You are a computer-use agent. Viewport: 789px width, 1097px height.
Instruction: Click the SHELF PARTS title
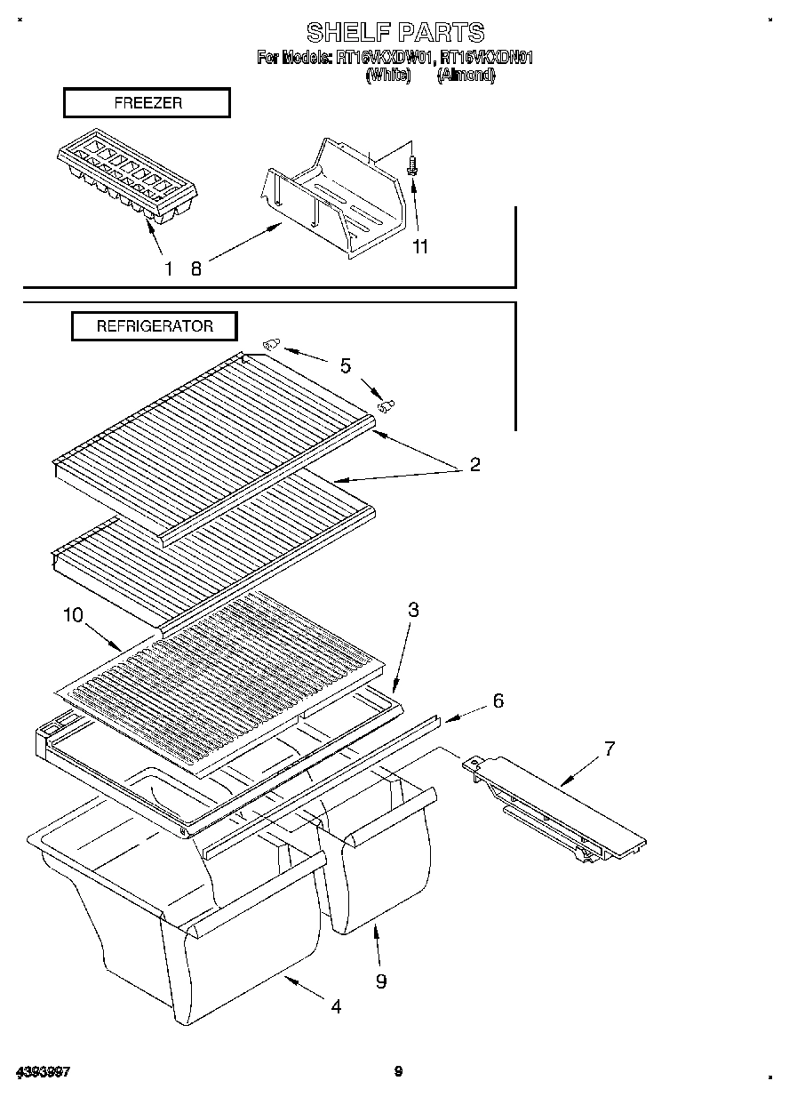click(395, 33)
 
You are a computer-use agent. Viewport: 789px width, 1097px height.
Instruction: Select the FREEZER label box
click(147, 103)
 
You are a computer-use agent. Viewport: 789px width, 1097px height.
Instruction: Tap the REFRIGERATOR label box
click(155, 326)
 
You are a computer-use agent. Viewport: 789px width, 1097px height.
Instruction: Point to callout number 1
click(168, 268)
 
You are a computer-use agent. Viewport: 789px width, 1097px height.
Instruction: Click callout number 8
click(196, 268)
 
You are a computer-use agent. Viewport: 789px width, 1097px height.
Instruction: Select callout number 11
click(420, 246)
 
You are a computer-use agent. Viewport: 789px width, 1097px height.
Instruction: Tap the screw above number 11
click(412, 165)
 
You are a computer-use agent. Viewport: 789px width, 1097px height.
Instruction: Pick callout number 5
click(346, 365)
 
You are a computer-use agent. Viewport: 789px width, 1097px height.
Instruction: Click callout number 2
click(474, 464)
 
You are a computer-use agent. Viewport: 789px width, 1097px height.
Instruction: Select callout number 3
click(413, 610)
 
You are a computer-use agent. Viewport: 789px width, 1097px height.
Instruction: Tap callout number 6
click(498, 701)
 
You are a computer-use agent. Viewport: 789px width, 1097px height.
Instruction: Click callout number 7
click(610, 749)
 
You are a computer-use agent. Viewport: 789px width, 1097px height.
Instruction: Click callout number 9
click(381, 981)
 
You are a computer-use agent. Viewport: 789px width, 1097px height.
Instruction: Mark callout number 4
click(336, 1006)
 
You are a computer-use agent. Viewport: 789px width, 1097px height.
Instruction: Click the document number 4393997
click(42, 1072)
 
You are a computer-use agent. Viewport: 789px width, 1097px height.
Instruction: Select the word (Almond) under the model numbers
click(466, 76)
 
